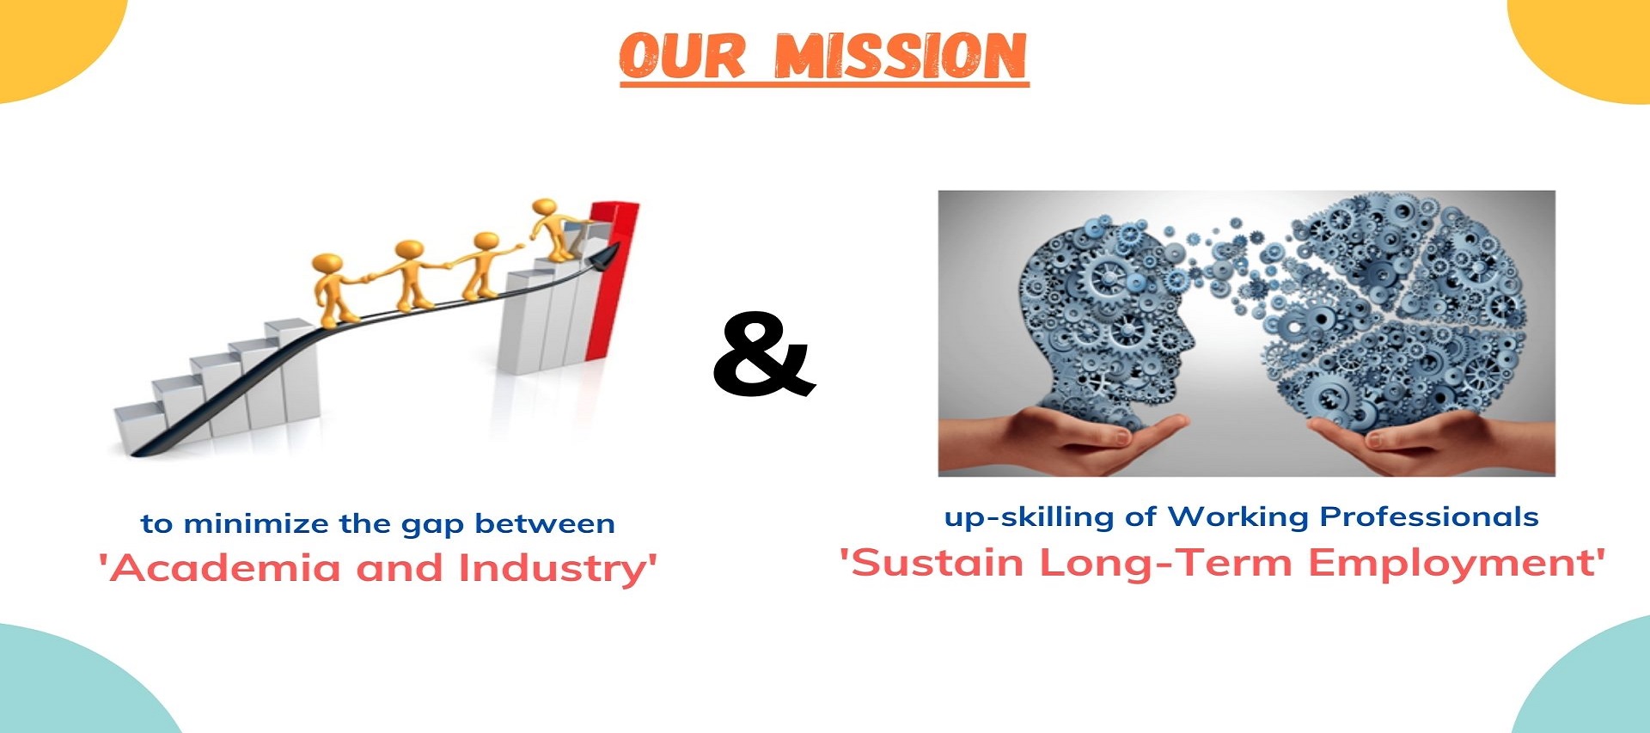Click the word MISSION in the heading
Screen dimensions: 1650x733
tap(901, 56)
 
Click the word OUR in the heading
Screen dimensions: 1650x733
tap(682, 56)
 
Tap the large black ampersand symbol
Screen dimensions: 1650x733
tap(764, 354)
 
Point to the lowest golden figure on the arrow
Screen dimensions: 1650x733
tap(333, 289)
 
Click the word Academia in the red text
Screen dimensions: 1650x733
tap(224, 568)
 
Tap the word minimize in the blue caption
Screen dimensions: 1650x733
tap(256, 523)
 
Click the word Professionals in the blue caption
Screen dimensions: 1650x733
tap(1428, 516)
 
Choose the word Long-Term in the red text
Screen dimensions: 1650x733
tap(1165, 564)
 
